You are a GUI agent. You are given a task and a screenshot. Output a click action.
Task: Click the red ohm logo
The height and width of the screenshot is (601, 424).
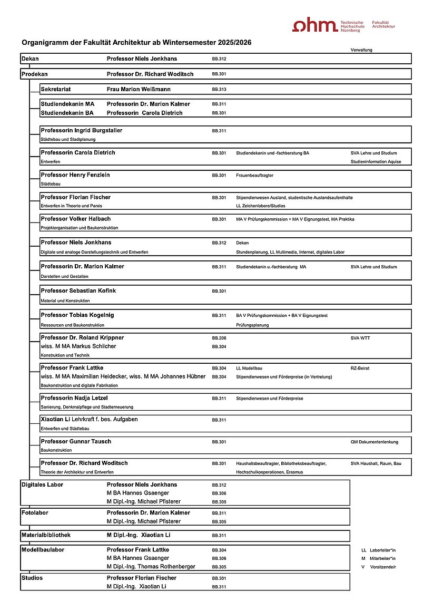tap(315, 25)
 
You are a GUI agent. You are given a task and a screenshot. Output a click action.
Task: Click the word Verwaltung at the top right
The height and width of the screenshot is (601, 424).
tap(361, 50)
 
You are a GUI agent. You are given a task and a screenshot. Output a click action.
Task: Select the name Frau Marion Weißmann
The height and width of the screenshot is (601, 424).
tap(139, 90)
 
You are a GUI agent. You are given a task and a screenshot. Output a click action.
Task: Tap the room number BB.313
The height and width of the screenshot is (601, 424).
tap(219, 90)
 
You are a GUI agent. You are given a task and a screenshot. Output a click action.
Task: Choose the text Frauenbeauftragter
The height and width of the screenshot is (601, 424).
tap(255, 175)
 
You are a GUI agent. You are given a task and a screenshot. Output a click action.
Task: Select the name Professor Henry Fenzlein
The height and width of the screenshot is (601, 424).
tap(75, 175)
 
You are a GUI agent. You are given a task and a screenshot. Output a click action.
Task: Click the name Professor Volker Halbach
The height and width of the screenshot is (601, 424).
tap(76, 219)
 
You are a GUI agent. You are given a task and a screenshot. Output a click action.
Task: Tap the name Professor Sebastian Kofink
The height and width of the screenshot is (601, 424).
tap(78, 291)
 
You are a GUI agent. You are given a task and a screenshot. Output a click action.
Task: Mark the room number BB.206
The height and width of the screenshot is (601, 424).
tap(219, 338)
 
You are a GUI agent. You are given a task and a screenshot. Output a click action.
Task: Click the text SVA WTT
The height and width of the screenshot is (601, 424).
tap(360, 338)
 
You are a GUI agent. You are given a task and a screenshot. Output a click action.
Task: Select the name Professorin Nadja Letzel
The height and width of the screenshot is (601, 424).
tap(74, 398)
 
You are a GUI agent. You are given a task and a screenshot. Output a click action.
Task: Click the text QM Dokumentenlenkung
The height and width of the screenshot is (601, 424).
tap(374, 442)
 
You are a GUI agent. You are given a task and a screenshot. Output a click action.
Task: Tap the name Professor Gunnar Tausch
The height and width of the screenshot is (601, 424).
tap(76, 442)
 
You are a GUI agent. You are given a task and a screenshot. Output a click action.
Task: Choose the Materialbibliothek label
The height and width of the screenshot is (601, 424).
tap(46, 535)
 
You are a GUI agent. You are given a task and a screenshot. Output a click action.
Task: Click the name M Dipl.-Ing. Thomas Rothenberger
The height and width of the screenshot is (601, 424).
tap(151, 567)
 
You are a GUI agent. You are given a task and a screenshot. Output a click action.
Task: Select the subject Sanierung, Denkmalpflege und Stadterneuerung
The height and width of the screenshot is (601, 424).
tap(87, 407)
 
